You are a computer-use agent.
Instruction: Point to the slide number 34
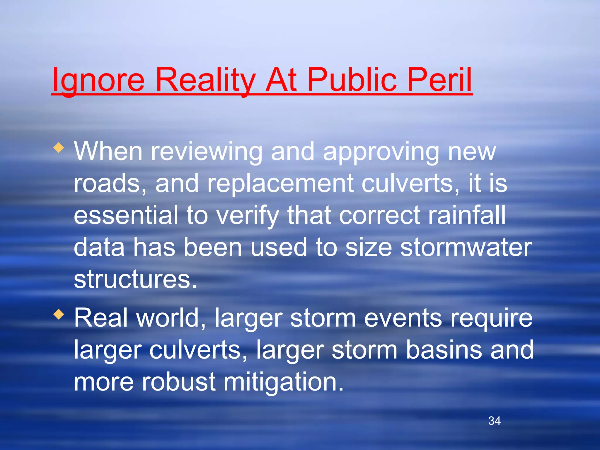[495, 421]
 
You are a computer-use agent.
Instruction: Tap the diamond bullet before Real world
[59, 315]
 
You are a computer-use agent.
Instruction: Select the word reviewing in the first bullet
[206, 152]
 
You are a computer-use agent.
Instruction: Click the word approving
[381, 152]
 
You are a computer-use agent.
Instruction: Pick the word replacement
[280, 183]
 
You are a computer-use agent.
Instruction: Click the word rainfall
[467, 215]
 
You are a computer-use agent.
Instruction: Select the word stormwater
[466, 248]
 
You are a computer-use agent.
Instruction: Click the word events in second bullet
[403, 318]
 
